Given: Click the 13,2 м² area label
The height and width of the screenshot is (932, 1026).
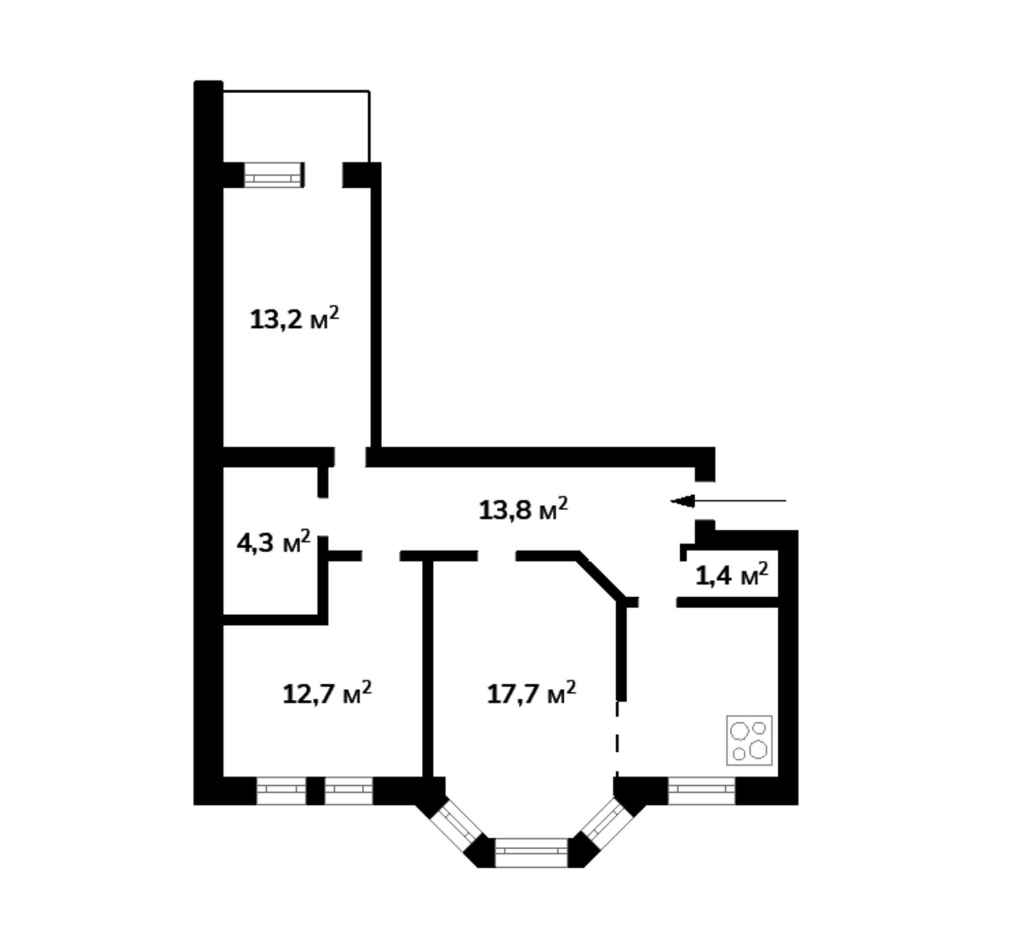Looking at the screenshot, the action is coord(294,318).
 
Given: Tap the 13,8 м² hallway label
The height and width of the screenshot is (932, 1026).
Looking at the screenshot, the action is coord(523,509).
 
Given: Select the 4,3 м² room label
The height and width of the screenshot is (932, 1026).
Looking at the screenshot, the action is coord(274,543).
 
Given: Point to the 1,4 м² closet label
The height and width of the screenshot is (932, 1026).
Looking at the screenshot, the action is coord(732,575).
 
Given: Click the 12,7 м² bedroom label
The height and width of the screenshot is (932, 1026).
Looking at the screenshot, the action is coord(327,693).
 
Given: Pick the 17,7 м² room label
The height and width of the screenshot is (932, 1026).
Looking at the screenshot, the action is coord(532,693).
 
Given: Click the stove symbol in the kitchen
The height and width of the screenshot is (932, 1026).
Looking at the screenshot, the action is coord(749,740).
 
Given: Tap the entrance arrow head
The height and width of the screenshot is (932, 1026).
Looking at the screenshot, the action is coord(682,500).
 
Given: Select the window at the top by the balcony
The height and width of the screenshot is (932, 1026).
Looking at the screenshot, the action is coord(273,174).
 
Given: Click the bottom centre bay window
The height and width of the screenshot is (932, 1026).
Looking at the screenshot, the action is coord(532,852).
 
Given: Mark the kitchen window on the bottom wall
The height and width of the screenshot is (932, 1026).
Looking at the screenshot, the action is coord(702,791).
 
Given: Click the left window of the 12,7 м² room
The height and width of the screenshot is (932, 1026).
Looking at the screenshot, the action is coord(281,791).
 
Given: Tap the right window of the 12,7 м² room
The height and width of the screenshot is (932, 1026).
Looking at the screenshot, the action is coord(349,791).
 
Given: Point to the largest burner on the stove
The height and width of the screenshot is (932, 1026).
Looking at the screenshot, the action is coord(758,749).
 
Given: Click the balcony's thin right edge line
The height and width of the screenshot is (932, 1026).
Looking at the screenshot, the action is coord(369,126).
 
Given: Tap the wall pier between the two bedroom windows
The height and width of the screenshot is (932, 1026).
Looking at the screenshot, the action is coord(315,791).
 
